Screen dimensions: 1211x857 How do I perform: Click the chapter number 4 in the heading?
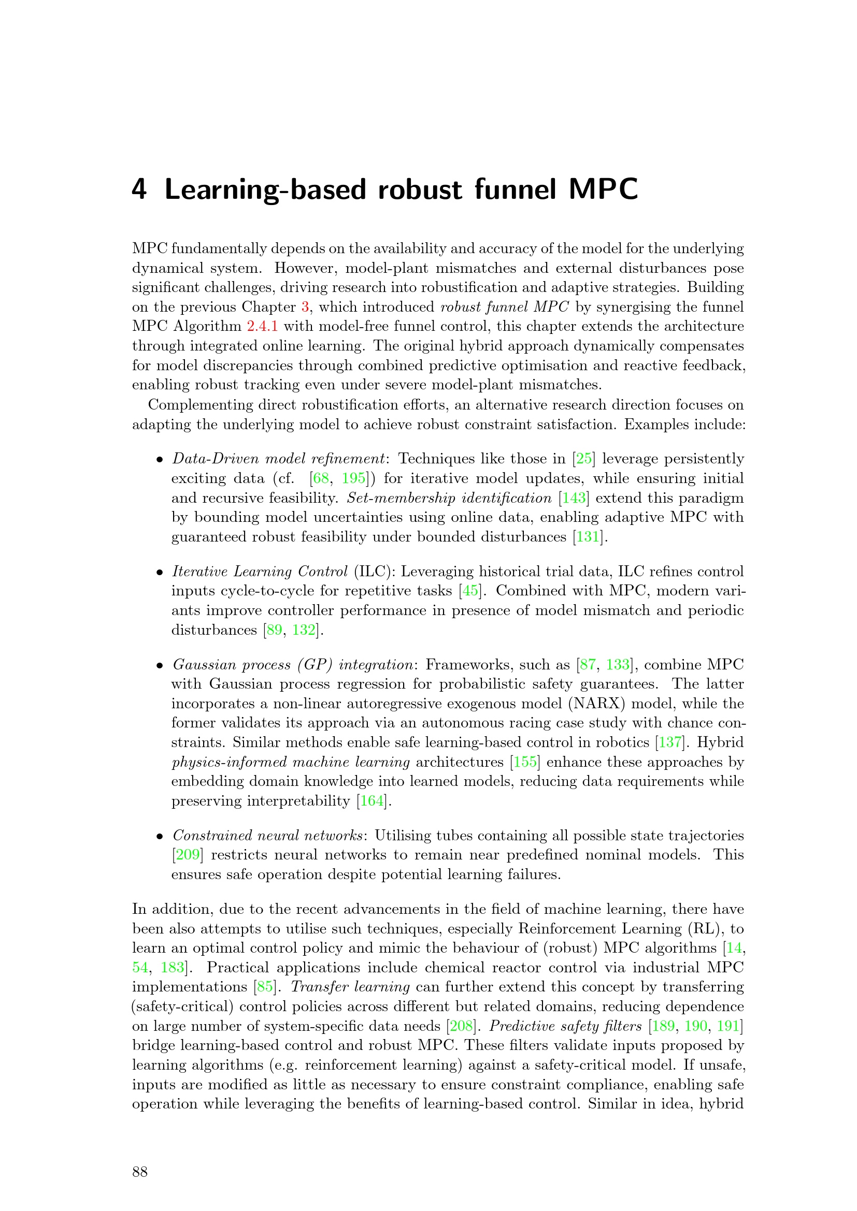(x=139, y=189)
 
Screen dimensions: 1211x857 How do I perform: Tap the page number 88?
(x=140, y=1172)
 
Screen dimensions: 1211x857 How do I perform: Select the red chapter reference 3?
(x=305, y=307)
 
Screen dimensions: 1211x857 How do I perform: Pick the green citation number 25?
(x=583, y=459)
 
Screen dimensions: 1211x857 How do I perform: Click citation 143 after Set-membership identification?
(x=574, y=498)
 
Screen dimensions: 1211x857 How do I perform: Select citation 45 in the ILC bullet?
(x=469, y=591)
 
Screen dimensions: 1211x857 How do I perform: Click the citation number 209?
(x=188, y=855)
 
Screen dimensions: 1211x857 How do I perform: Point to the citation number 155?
(x=524, y=762)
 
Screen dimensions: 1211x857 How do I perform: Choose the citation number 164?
(x=372, y=801)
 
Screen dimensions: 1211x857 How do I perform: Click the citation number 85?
(x=265, y=987)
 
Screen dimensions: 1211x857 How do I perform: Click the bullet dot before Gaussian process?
(x=160, y=666)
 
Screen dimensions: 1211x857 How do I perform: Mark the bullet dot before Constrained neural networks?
(x=160, y=837)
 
